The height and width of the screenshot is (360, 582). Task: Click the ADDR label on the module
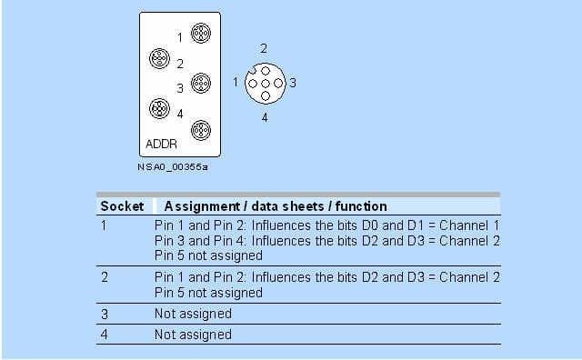161,144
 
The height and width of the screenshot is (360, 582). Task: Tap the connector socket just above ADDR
201,130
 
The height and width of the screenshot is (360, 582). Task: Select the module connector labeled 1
201,33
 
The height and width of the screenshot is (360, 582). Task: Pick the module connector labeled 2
160,59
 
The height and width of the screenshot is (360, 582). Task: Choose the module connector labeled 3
201,83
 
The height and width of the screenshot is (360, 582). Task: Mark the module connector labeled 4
160,108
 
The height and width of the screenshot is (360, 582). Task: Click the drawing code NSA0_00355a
173,167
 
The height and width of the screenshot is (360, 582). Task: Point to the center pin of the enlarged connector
265,84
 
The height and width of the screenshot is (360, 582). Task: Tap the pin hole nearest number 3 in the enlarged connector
278,84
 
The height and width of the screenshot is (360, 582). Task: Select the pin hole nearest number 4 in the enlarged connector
265,96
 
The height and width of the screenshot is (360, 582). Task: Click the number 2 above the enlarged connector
264,48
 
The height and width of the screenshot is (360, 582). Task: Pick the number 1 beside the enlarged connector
236,82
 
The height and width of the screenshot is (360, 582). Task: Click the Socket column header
122,206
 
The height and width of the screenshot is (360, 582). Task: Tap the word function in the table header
361,206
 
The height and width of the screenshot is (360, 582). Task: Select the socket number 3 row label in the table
105,314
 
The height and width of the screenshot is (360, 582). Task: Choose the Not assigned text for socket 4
193,335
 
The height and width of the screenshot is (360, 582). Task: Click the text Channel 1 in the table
469,225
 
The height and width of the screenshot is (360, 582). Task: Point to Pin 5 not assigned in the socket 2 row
208,293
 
